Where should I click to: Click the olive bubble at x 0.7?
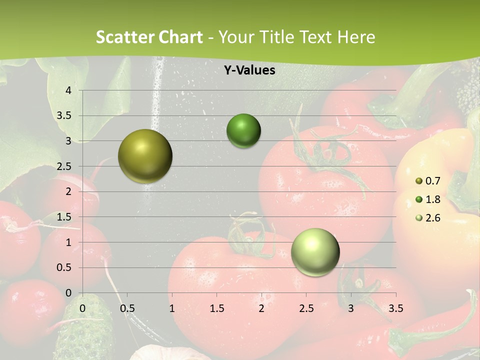tap(145, 156)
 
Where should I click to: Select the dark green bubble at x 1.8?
tap(243, 131)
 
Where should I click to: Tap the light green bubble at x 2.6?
tap(315, 252)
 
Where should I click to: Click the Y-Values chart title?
tap(249, 70)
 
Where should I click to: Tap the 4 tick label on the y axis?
tap(69, 90)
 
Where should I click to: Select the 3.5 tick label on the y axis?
tap(64, 116)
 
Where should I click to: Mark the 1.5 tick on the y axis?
tap(64, 217)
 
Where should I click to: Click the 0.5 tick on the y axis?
tap(64, 267)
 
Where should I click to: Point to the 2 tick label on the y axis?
tap(69, 191)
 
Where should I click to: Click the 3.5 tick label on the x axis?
tap(395, 308)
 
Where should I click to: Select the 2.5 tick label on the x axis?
tap(306, 308)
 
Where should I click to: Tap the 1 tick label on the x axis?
tap(172, 308)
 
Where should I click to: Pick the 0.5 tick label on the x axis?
tap(127, 308)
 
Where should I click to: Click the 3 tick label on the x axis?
tap(351, 308)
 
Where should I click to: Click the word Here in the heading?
tap(355, 37)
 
